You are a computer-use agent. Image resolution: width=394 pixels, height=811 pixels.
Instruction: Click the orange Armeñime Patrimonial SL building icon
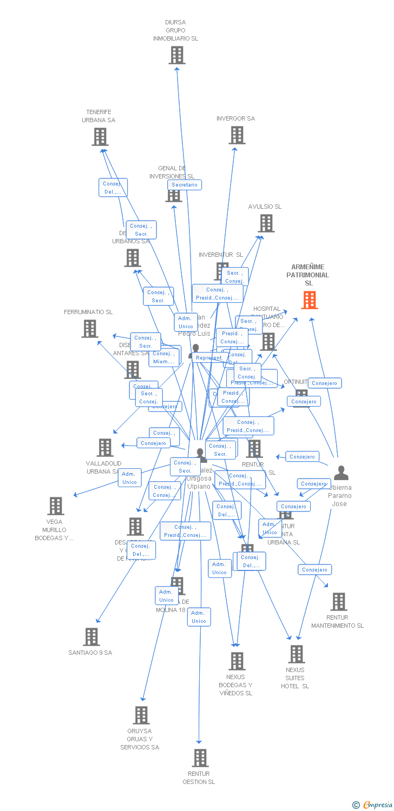309,300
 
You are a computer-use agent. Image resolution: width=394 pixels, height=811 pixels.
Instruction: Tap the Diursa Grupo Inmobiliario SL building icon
177,55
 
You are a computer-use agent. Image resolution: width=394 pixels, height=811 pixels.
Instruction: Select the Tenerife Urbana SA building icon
100,137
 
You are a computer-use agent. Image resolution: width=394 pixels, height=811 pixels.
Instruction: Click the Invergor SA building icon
237,135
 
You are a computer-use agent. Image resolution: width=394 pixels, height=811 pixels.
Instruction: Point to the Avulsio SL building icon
266,223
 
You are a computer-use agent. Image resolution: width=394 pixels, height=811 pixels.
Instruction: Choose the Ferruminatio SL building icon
90,329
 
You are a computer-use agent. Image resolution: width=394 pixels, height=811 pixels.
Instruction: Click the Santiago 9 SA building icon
91,637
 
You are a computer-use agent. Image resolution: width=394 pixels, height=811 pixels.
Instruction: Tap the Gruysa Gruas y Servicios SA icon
141,715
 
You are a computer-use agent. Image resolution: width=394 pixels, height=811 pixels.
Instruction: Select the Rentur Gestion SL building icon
200,758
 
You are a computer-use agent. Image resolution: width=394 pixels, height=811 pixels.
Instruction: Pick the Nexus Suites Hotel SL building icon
297,654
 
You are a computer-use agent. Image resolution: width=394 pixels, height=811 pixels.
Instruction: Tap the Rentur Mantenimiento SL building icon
339,602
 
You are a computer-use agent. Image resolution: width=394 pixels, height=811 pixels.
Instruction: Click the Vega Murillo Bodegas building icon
56,506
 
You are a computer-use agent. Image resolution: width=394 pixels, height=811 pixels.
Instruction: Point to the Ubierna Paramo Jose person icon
341,473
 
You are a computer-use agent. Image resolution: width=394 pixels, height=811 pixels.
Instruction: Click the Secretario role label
185,185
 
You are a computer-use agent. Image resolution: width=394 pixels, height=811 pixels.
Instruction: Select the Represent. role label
209,358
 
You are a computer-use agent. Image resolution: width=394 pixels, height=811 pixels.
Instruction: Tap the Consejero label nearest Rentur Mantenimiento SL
314,570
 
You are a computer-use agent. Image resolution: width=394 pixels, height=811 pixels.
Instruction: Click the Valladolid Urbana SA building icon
105,448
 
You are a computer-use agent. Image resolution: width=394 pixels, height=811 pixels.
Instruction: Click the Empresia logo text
378,805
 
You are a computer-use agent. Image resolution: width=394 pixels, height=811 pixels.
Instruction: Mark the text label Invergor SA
235,118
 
